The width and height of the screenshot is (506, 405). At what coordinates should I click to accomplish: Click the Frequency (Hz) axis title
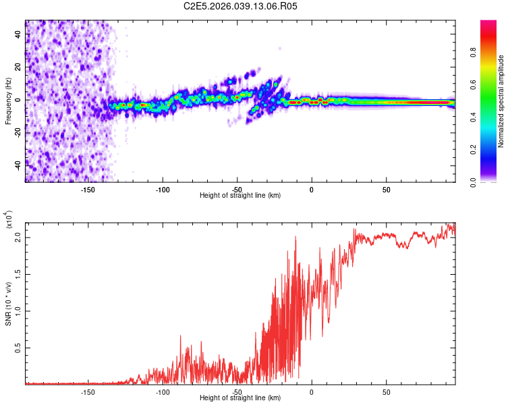coord(8,101)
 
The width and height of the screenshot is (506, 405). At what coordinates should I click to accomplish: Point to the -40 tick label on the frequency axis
coord(18,165)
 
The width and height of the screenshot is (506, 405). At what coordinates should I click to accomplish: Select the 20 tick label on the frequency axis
coord(18,67)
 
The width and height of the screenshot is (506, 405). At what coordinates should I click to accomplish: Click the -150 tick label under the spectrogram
coord(88,189)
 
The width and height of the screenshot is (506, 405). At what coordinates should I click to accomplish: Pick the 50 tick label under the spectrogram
coord(386,189)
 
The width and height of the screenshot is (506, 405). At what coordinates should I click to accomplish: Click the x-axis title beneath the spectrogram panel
coord(240,196)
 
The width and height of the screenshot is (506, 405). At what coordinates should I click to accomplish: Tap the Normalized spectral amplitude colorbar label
coord(501,101)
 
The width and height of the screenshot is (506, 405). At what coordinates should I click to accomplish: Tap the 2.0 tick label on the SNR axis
coord(18,238)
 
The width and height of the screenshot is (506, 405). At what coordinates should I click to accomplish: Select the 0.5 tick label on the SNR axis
coord(18,348)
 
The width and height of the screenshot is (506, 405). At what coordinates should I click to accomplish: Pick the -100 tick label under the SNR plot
coord(163,391)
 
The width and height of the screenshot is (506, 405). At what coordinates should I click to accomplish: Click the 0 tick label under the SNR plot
coord(312,391)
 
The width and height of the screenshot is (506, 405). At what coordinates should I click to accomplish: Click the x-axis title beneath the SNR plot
coord(240,398)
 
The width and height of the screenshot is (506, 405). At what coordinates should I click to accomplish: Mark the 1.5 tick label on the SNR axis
coord(18,275)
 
